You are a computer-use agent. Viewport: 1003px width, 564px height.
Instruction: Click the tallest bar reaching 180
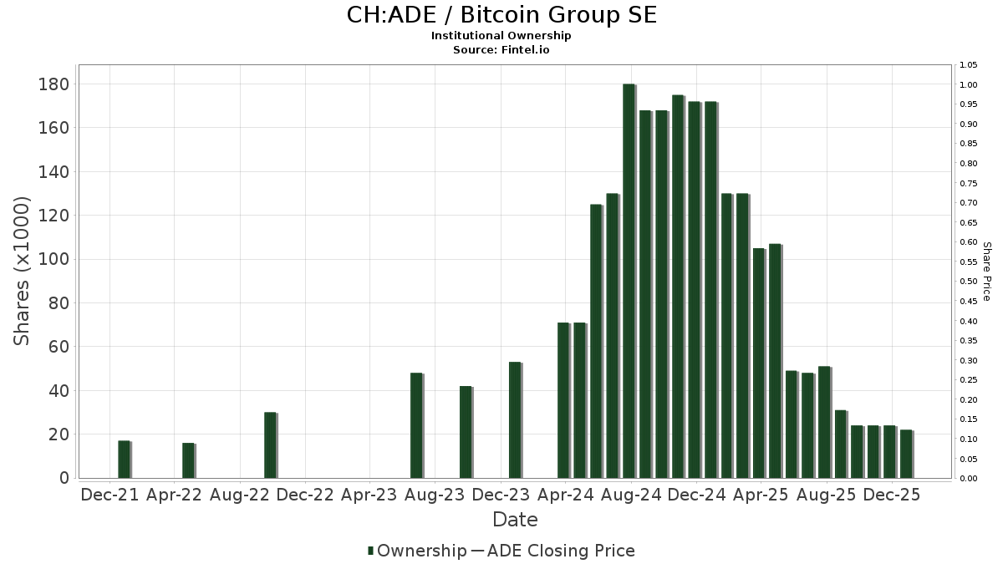[629, 281]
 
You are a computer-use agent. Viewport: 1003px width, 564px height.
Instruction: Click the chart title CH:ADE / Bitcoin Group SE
[501, 15]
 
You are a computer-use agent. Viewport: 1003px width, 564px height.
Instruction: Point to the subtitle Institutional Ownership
[501, 36]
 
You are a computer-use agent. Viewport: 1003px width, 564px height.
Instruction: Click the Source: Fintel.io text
[501, 50]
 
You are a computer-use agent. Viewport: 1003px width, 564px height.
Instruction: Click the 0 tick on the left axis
[64, 478]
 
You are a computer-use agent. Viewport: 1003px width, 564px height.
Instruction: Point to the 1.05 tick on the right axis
[969, 65]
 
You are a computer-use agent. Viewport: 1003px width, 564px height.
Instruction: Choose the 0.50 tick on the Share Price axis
[969, 282]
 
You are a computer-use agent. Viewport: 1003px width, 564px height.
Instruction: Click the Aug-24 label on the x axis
[631, 495]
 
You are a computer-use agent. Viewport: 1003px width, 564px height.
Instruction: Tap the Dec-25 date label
[892, 495]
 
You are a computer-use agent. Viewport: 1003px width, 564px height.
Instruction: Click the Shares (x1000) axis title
[23, 271]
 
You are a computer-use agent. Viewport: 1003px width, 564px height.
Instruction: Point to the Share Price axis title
[987, 271]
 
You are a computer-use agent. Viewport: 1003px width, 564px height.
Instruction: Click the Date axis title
[515, 520]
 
